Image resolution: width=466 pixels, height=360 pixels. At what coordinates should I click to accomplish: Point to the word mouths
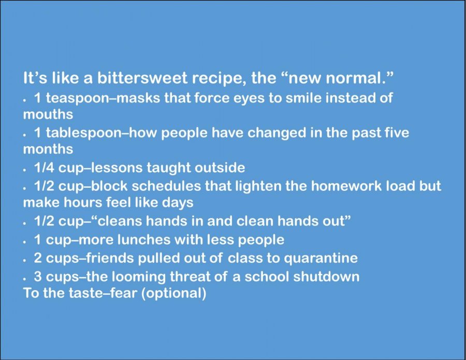[x=48, y=114]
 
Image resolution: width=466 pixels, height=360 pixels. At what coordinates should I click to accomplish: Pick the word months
[x=48, y=148]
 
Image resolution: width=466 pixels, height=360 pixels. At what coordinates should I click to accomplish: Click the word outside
[x=220, y=168]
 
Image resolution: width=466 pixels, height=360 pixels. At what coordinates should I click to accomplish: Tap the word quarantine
[x=321, y=258]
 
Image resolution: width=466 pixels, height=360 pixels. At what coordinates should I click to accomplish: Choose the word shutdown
[x=326, y=277]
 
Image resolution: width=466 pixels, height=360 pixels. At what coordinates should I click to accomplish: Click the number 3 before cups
[x=38, y=277]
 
